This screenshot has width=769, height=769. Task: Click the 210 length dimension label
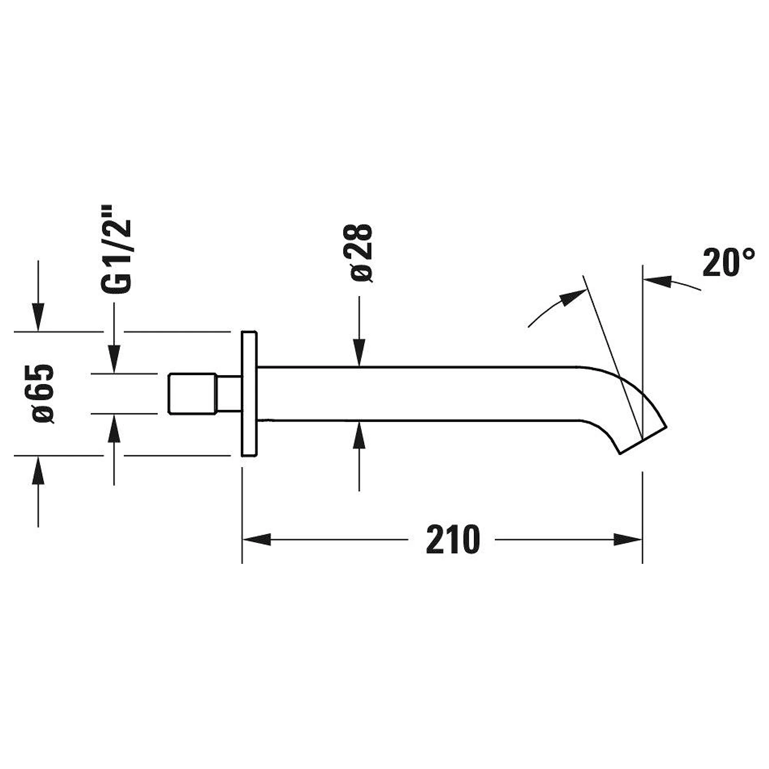(x=453, y=539)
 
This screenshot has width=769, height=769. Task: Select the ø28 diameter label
(x=362, y=252)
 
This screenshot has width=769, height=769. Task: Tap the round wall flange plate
(x=249, y=394)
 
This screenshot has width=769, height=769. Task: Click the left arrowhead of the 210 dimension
(x=257, y=539)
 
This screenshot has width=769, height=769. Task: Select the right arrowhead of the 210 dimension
(x=628, y=539)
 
